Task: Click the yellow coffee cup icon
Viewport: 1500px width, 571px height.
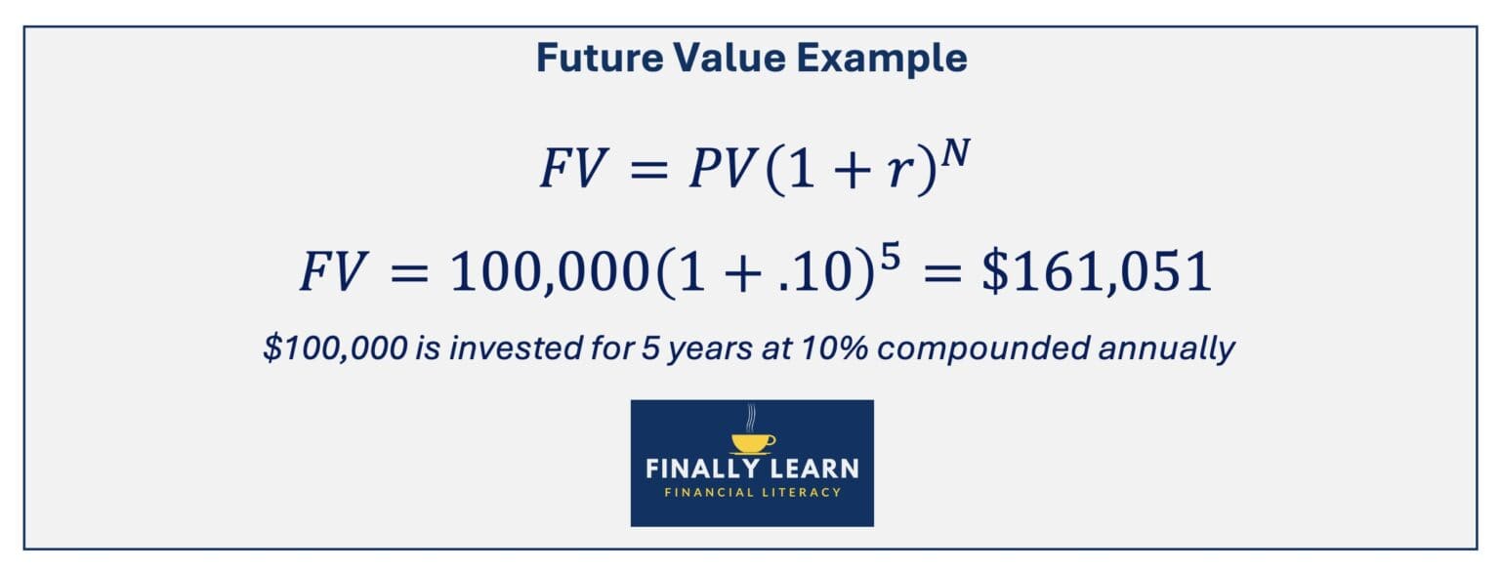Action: tap(752, 442)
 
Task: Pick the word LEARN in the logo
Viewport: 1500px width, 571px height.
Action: tap(814, 469)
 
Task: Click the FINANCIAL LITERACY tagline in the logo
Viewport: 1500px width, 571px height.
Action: tap(752, 492)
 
